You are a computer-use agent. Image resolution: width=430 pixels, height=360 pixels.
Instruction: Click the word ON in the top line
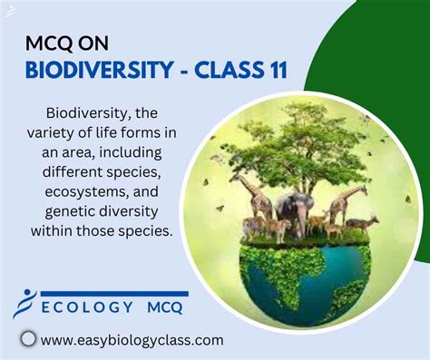[99, 44]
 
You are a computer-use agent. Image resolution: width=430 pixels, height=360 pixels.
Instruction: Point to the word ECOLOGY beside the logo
[85, 308]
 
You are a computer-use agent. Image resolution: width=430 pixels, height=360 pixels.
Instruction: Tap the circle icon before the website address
[28, 339]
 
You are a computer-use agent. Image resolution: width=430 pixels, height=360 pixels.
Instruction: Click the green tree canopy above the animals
[299, 136]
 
